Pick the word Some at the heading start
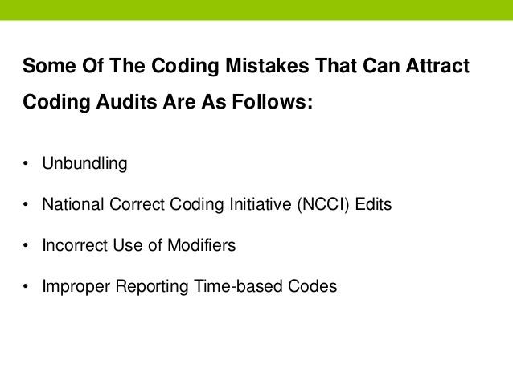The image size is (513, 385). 47,66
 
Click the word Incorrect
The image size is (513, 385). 73,245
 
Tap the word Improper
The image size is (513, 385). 72,286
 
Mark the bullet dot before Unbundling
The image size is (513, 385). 26,165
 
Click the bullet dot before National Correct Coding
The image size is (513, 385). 26,206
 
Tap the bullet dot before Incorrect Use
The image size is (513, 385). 26,246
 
